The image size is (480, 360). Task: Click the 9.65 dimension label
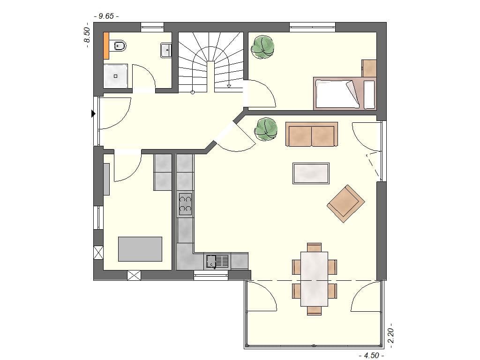point(106,16)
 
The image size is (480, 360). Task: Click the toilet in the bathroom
point(119,46)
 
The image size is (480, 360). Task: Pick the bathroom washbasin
point(166,50)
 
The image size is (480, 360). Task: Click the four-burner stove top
point(185,204)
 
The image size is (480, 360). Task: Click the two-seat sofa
point(311,135)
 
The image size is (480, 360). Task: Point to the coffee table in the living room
point(311,173)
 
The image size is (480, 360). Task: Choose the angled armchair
point(346,203)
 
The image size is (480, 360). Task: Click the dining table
point(314,279)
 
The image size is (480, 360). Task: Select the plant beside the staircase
point(263,47)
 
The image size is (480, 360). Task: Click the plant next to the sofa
point(266,129)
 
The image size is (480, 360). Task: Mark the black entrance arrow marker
point(93,113)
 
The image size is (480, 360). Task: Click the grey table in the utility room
point(140,249)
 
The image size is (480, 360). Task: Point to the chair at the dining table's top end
point(314,247)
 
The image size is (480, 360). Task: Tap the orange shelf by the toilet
point(106,45)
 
